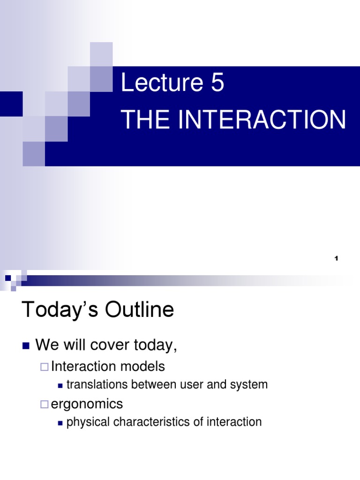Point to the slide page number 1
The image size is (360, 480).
[x=337, y=259]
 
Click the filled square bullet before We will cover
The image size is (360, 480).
[x=26, y=346]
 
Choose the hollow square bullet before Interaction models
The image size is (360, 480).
[x=44, y=366]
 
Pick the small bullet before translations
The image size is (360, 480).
[x=60, y=385]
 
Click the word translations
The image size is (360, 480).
[x=97, y=385]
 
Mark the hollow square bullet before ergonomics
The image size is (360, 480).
[x=44, y=404]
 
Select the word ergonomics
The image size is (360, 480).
[x=87, y=404]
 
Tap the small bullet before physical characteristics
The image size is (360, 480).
[x=60, y=423]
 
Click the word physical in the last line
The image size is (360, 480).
[x=84, y=422]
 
